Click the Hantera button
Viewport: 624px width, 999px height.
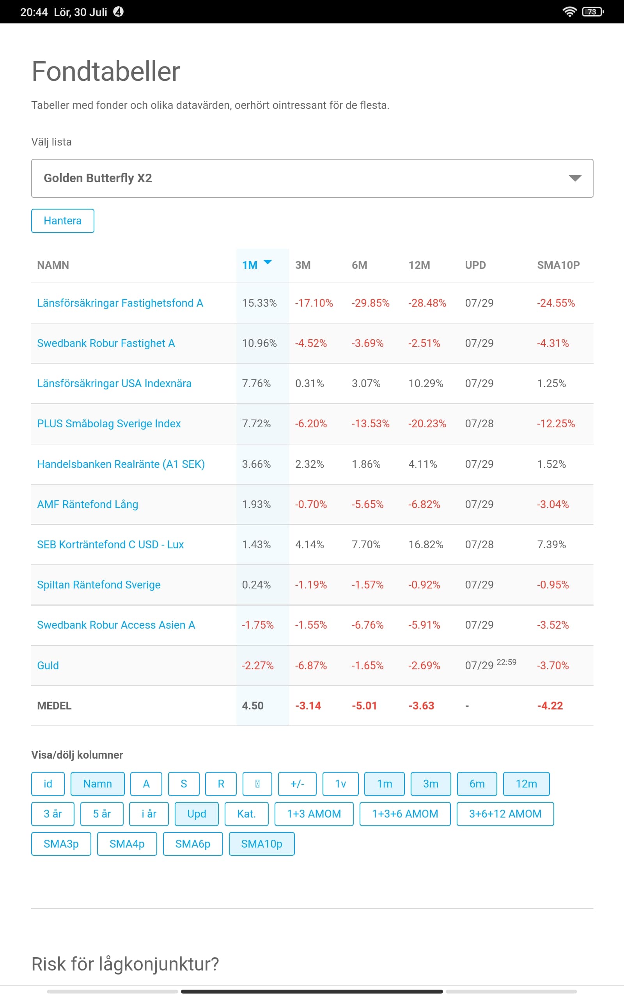click(x=62, y=221)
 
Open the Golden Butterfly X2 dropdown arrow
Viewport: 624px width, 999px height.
click(x=575, y=178)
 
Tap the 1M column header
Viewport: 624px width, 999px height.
click(x=250, y=265)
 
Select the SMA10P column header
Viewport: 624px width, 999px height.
click(x=558, y=265)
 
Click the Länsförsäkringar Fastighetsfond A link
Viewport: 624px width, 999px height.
click(x=120, y=303)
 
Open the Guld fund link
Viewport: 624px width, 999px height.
click(x=48, y=665)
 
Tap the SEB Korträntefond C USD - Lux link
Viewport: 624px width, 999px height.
click(x=110, y=544)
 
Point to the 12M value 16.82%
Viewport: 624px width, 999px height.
click(x=425, y=544)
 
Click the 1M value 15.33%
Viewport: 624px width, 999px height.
click(x=259, y=303)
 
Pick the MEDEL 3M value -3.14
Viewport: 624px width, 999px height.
click(x=308, y=706)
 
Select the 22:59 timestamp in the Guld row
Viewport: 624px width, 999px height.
click(x=506, y=662)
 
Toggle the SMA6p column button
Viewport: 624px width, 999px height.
click(x=193, y=844)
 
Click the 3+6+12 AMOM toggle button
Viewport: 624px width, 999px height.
click(x=505, y=814)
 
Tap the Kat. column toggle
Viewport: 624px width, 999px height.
click(x=246, y=814)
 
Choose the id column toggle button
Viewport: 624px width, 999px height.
click(x=48, y=784)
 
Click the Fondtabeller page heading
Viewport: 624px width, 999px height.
click(x=106, y=71)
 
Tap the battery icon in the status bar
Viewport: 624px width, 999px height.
click(x=592, y=12)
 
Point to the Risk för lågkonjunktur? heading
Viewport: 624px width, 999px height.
click(x=125, y=964)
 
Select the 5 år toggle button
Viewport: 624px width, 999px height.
click(x=102, y=814)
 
